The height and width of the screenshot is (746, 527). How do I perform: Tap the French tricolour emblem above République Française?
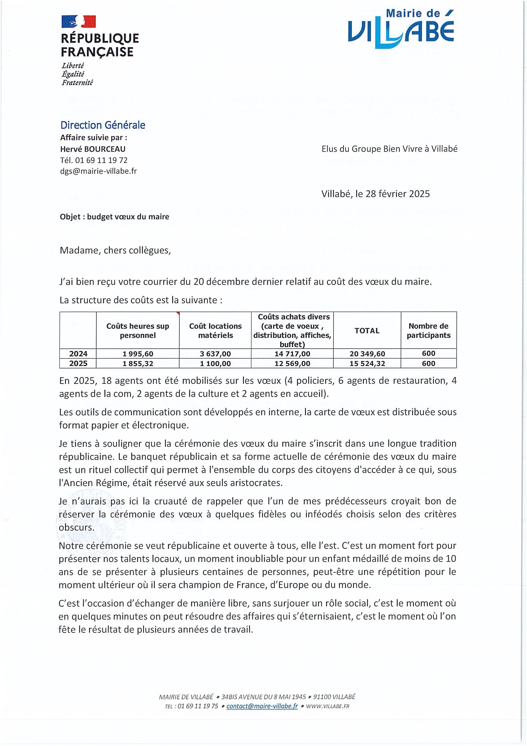78,21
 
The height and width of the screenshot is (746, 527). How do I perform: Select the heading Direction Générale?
103,125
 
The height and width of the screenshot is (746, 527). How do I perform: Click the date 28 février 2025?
397,194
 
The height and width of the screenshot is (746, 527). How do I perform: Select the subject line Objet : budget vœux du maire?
114,217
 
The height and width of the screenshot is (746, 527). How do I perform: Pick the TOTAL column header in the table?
367,331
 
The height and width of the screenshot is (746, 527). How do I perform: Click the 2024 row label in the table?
78,353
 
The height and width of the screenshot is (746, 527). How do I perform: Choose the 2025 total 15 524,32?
367,364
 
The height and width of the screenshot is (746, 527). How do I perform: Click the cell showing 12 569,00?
292,364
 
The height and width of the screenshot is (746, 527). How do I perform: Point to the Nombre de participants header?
428,331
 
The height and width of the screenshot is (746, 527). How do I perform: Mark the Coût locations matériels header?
215,331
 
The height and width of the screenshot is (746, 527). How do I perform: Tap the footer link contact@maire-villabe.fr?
262,706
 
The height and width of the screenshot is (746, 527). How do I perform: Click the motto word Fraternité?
77,83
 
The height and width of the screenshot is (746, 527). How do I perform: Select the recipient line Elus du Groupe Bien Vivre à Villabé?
389,149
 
